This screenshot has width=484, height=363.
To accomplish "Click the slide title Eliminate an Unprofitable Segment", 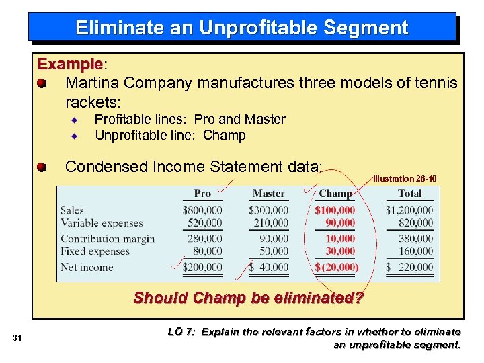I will tap(242, 28).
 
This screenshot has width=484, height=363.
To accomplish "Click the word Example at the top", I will tap(70, 65).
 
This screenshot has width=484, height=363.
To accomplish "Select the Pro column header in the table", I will tap(202, 194).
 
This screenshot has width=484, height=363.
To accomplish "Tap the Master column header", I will tap(268, 194).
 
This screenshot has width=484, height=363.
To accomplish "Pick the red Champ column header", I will tap(335, 194).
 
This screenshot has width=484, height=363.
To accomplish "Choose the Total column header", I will tap(409, 194).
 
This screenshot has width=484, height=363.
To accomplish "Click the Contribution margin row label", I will tap(108, 239).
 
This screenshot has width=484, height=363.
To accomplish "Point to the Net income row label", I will tap(87, 267).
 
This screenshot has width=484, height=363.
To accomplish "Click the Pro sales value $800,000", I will tap(202, 210).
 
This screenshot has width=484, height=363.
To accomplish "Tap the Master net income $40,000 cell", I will tap(269, 267).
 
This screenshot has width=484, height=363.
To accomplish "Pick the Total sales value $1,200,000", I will tap(409, 210).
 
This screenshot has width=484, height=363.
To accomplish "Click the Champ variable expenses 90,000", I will tap(340, 223).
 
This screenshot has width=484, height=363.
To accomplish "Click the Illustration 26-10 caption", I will tap(405, 179).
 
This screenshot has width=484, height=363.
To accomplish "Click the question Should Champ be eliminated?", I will tap(248, 297).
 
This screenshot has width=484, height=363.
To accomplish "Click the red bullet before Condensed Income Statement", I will tap(42, 167).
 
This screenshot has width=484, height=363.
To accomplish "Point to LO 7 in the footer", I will tap(179, 332).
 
